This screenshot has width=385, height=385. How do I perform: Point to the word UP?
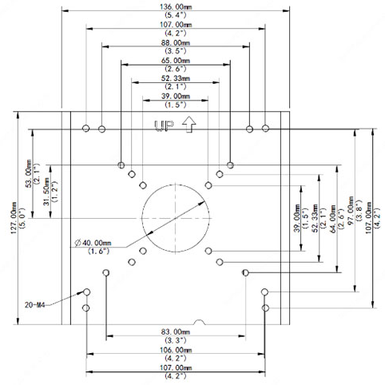(165, 125)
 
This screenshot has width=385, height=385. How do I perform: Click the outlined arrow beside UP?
(189, 124)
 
